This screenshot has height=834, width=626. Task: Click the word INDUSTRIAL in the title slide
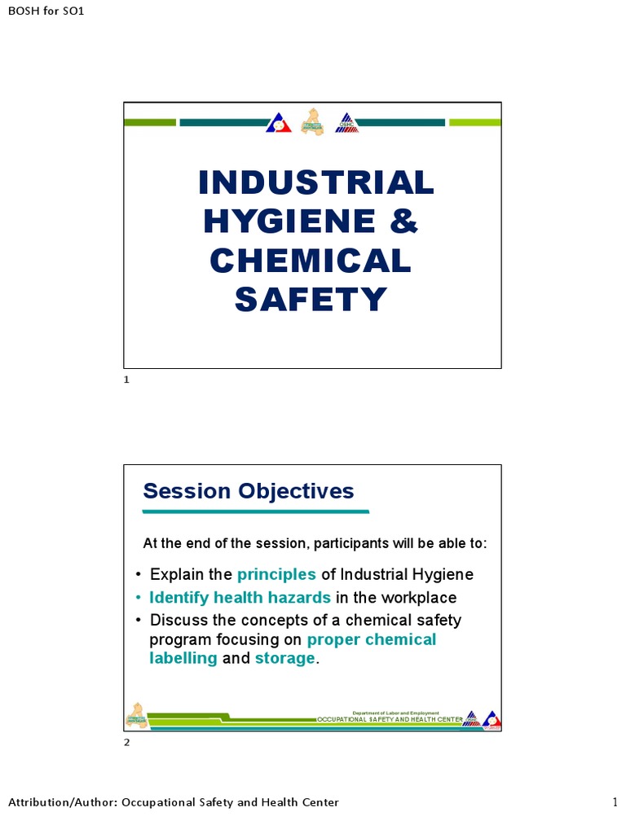[316, 182]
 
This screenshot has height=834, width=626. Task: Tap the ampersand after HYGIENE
[404, 221]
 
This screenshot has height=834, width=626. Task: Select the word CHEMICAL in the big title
[311, 261]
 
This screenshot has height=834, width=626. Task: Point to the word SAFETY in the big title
[311, 300]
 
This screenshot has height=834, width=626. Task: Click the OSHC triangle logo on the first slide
[347, 123]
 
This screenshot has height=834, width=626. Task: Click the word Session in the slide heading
[186, 491]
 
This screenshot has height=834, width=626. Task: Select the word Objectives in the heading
[296, 491]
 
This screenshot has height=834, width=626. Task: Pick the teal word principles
[276, 574]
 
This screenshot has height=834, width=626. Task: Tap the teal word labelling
[183, 658]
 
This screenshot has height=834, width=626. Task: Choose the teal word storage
[284, 658]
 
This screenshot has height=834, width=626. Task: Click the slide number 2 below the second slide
[126, 742]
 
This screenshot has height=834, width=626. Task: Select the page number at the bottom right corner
[615, 803]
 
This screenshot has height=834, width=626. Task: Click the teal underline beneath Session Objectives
[256, 511]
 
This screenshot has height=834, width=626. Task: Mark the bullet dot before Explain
[139, 575]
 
